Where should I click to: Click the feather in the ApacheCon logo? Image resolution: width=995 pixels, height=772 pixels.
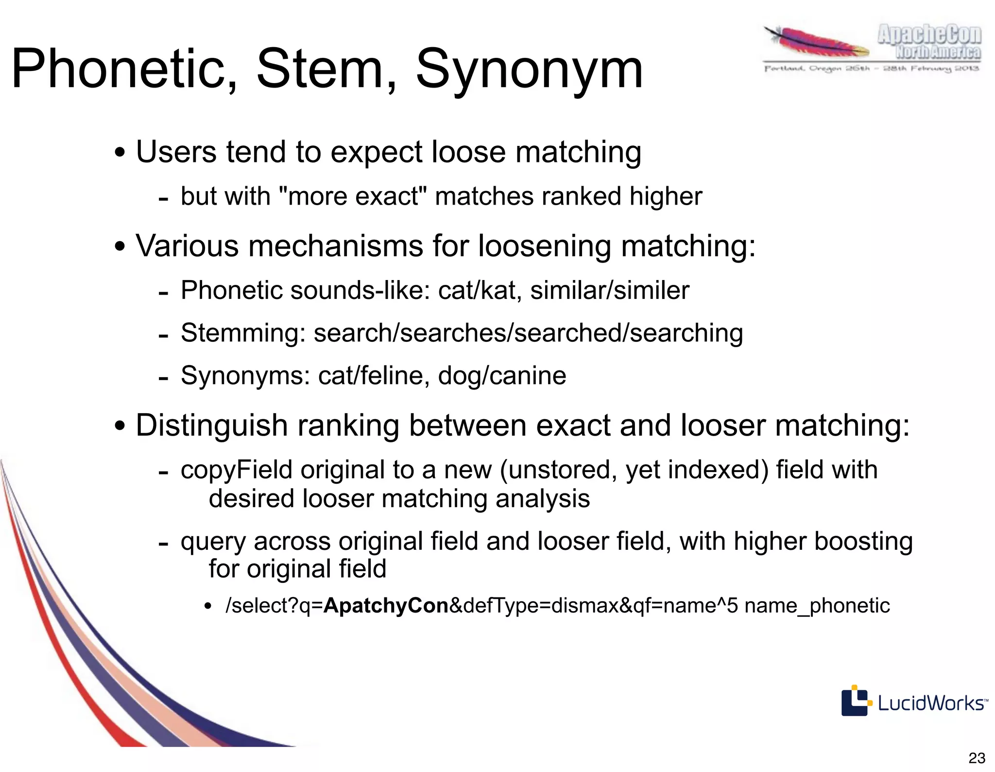(816, 44)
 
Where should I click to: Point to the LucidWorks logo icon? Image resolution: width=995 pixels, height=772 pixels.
(855, 701)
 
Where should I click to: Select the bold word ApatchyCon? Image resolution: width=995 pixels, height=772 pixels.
(386, 606)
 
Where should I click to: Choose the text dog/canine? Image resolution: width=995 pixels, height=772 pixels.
(502, 375)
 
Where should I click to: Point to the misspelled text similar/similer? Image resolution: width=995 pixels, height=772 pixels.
(609, 291)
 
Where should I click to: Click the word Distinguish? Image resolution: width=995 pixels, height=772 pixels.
(212, 425)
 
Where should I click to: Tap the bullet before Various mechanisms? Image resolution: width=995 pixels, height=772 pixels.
(120, 247)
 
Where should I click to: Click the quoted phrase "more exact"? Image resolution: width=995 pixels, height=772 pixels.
(352, 196)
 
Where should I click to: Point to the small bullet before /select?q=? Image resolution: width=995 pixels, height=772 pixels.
(208, 607)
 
